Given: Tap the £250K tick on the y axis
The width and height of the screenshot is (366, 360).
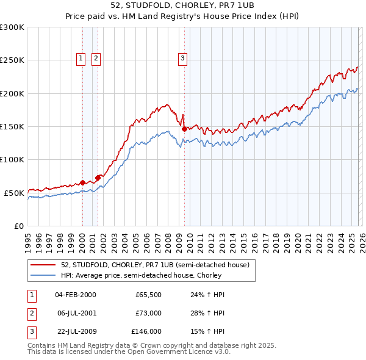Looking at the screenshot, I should click(12, 60).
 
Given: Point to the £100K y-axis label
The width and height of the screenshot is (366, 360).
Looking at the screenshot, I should click(12, 159).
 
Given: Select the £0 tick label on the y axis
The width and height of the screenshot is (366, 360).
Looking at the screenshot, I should click(19, 226).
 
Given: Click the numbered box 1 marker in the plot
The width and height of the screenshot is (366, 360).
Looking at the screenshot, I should click(82, 59).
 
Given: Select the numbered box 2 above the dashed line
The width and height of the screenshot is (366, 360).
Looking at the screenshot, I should click(96, 59).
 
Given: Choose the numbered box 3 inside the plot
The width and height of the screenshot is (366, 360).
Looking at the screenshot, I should click(182, 59).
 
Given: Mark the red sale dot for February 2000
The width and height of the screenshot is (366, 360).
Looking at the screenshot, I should click(82, 182).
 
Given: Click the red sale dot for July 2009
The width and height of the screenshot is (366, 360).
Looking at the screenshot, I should click(184, 129).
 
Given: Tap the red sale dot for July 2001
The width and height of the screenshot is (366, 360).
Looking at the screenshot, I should click(98, 178).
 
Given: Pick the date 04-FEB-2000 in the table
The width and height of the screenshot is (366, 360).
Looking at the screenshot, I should click(76, 294).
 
